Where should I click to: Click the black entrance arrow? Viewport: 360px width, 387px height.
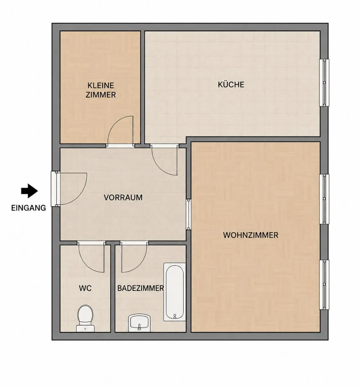click(x=29, y=191)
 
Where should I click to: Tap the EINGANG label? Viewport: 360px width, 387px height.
click(x=28, y=208)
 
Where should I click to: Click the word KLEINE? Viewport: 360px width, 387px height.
click(x=101, y=85)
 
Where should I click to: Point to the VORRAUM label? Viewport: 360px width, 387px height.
click(x=123, y=198)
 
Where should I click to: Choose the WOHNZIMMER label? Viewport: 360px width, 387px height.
click(x=251, y=235)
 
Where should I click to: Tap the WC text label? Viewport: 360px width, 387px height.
click(x=85, y=288)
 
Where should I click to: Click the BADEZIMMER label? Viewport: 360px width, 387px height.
click(x=140, y=288)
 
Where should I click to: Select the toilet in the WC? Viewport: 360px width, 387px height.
click(x=85, y=318)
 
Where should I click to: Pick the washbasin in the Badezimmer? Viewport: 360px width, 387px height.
click(x=139, y=323)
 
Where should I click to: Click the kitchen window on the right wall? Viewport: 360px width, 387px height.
click(x=324, y=83)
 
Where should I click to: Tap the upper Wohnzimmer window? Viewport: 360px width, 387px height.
click(x=324, y=199)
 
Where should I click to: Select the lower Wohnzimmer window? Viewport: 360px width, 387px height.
click(x=324, y=285)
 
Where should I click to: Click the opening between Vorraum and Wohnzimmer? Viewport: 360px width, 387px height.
click(x=188, y=214)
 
